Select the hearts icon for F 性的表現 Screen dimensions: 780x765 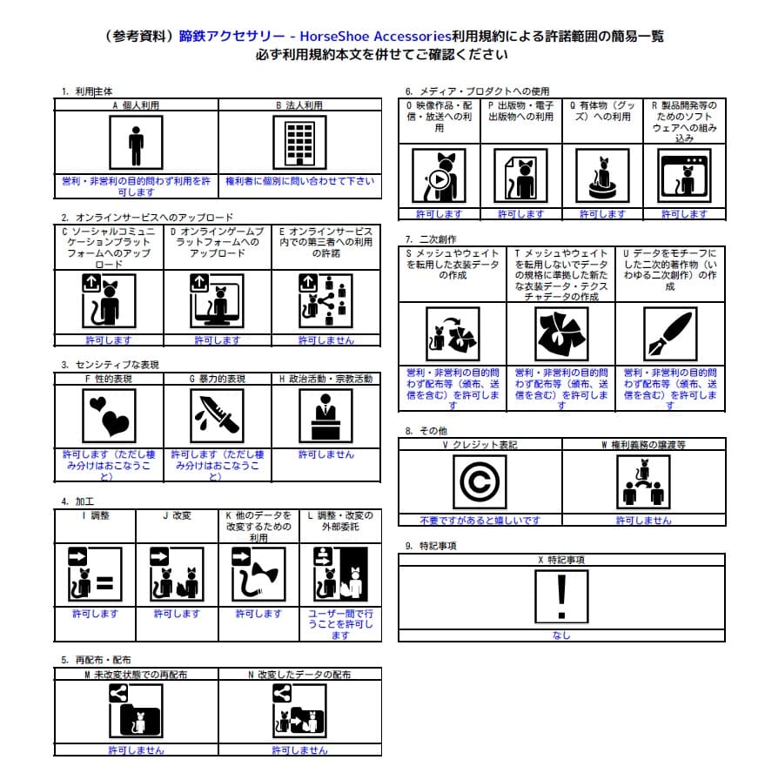tap(109, 414)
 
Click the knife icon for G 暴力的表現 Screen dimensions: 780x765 tap(217, 414)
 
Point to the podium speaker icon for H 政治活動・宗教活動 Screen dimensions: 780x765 tap(325, 414)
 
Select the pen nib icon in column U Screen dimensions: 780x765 tap(668, 333)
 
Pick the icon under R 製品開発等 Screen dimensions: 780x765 tap(683, 177)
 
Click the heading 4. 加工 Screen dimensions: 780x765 tap(77, 501)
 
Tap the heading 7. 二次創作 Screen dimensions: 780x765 tap(431, 239)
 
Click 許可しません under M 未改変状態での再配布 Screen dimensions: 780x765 tap(136, 750)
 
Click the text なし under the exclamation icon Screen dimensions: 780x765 tap(561, 635)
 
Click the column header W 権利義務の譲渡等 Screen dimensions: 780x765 tap(643, 445)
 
